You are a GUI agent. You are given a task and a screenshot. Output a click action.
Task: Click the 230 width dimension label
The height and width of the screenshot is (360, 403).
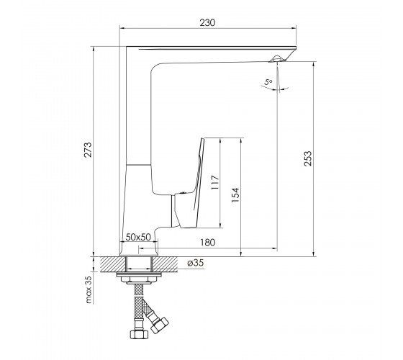207,22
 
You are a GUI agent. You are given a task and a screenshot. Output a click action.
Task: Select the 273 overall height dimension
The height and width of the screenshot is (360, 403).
88,150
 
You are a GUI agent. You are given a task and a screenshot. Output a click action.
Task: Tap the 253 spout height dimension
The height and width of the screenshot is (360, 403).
308,158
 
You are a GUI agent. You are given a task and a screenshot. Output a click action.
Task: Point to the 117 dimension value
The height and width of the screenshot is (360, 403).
215,182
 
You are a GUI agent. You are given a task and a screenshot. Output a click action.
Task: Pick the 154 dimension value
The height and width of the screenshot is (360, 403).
235,195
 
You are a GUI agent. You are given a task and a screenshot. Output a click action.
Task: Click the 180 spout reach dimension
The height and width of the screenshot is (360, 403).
207,242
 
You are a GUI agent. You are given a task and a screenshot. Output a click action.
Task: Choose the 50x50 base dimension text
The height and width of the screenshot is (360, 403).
138,237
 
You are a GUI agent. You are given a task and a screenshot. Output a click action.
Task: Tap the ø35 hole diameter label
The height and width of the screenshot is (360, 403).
196,263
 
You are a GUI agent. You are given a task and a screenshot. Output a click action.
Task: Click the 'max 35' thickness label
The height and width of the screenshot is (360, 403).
88,289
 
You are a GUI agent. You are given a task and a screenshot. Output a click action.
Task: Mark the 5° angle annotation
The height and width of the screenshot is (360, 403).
268,82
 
